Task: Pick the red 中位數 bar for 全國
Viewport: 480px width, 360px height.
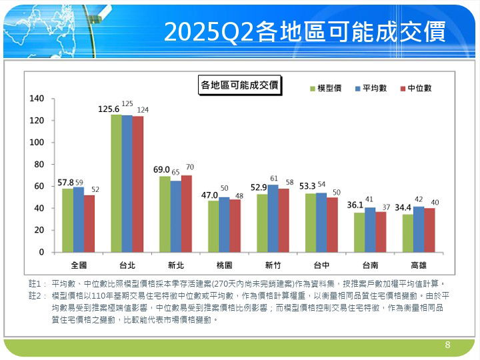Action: pyautogui.click(x=89, y=223)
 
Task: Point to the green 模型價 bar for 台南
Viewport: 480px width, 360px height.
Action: pyautogui.click(x=359, y=232)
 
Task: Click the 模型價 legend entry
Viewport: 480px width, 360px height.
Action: pyautogui.click(x=326, y=88)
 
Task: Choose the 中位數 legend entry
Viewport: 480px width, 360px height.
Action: pyautogui.click(x=416, y=88)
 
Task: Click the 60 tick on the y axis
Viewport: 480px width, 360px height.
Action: pyautogui.click(x=39, y=186)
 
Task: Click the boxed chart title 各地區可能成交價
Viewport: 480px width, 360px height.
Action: pyautogui.click(x=239, y=85)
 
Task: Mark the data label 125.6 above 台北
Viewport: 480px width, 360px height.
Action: pyautogui.click(x=109, y=109)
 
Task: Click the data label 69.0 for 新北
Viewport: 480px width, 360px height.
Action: pyautogui.click(x=162, y=170)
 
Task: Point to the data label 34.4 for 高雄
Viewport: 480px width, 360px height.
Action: pyautogui.click(x=403, y=207)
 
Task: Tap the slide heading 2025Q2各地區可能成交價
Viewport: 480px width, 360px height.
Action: pyautogui.click(x=304, y=31)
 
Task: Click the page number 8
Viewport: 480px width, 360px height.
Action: pyautogui.click(x=448, y=345)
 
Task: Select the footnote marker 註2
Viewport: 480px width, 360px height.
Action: pyautogui.click(x=37, y=295)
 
